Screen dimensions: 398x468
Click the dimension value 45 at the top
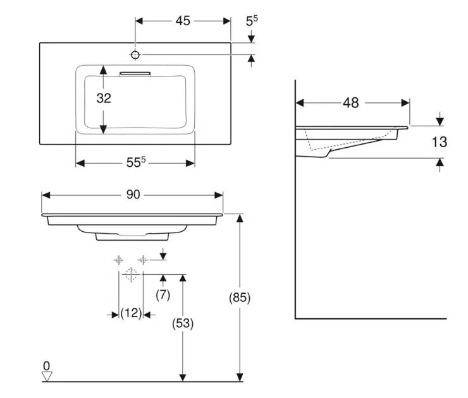pos(183,21)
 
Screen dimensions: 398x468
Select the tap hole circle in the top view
pos(135,54)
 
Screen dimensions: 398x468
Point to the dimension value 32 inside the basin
pos(104,98)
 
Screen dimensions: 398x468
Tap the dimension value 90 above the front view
pos(132,195)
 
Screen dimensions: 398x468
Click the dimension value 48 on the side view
pos(352,102)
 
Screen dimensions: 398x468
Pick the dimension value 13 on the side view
pos(440,142)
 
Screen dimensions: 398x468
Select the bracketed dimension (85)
pos(240,298)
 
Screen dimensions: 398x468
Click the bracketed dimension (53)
pos(183,323)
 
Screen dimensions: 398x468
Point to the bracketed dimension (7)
pos(163,294)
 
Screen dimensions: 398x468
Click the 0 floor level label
pos(46,366)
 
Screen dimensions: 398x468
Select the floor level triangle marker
pos(46,376)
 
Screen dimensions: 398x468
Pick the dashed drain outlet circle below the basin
pos(131,274)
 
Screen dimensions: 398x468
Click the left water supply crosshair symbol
pos(119,259)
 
